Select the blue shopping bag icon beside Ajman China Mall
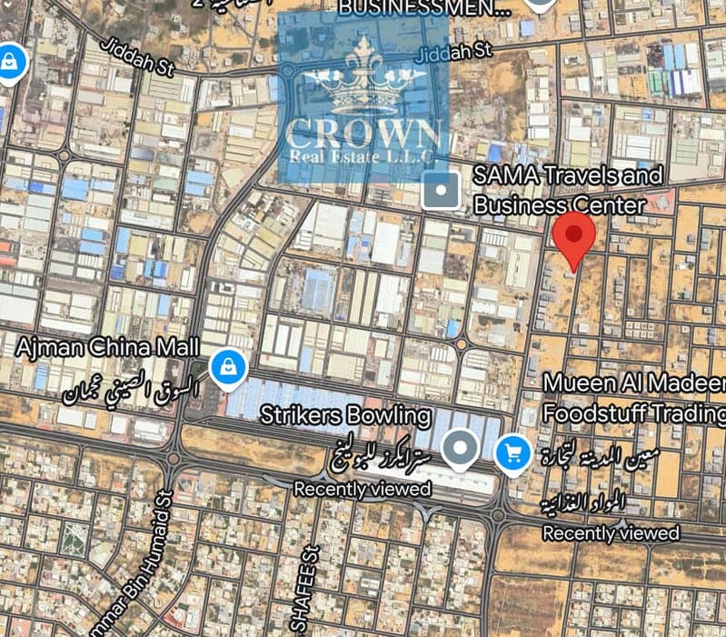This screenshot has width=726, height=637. (x=228, y=367)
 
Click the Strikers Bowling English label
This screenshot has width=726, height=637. (x=345, y=416)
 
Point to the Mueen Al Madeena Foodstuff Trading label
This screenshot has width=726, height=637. (x=634, y=398)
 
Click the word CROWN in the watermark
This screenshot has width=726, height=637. (x=363, y=133)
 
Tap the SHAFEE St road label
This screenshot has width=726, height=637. (x=303, y=591)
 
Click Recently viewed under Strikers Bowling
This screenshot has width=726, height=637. (x=362, y=489)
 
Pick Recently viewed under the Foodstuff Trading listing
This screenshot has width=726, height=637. (x=611, y=532)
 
